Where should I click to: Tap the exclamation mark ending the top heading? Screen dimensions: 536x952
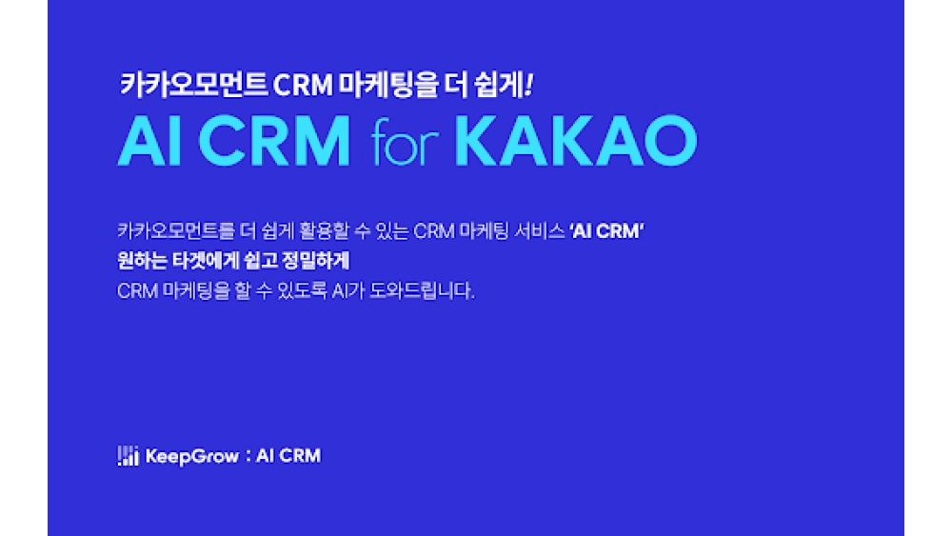click(x=528, y=85)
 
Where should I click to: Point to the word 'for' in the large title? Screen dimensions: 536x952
click(x=403, y=143)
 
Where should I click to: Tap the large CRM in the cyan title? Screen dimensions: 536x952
click(x=278, y=143)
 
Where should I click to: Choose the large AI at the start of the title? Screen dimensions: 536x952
click(x=149, y=143)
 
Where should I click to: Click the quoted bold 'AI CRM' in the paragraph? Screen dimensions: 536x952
click(x=606, y=232)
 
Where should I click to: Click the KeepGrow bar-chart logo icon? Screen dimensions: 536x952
click(x=128, y=456)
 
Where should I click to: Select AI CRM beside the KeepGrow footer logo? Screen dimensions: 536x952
click(x=288, y=456)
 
